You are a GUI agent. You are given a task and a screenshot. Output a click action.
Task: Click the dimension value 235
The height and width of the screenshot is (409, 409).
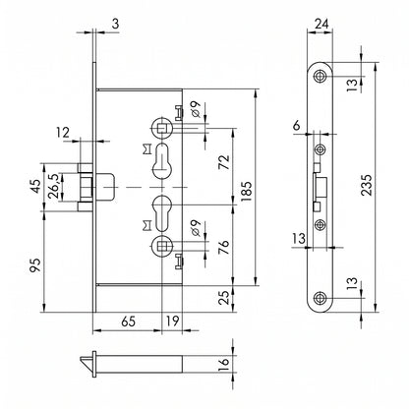pos(367,185)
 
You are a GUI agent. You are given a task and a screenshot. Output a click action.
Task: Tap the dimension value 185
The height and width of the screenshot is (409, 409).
pos(246,191)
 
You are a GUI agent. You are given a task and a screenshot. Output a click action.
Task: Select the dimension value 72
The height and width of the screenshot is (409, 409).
pos(224,162)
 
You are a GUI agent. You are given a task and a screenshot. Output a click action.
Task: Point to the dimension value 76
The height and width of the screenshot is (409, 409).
pos(224,248)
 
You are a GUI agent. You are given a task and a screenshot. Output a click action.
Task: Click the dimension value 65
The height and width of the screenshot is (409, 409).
pos(128,321)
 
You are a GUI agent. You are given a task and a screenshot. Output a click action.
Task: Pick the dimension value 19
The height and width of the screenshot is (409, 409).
pos(173,321)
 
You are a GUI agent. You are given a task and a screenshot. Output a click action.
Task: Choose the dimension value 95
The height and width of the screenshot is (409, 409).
pos(35,265)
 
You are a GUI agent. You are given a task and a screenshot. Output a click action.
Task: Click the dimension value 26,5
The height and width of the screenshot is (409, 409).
pos(54,186)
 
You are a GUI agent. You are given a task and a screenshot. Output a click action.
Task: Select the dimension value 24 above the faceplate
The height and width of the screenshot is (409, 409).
pos(321,24)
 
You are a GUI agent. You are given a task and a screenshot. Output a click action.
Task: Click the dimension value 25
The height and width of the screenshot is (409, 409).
pos(224,298)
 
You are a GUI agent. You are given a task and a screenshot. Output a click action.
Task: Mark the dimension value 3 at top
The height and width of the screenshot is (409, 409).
pos(116,24)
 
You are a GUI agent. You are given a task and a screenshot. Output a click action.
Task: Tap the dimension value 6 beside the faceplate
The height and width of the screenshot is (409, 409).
pos(296,126)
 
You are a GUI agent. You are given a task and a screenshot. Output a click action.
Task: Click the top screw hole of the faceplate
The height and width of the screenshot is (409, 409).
pos(319,76)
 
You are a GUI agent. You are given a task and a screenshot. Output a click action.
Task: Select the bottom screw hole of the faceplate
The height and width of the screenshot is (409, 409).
pos(319,298)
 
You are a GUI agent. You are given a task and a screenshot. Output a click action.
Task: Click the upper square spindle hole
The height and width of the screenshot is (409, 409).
pos(161,128)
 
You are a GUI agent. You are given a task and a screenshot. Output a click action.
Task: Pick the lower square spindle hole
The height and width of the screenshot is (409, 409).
pos(161,245)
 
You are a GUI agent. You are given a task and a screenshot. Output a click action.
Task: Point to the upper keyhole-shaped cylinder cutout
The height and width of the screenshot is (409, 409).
pos(161,161)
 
